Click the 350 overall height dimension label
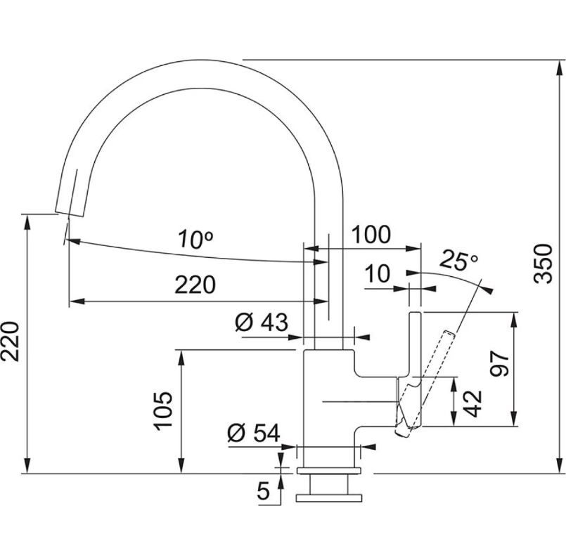543,264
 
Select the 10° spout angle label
195,240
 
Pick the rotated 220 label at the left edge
12,342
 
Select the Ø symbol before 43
244,323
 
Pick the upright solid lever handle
415,344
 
